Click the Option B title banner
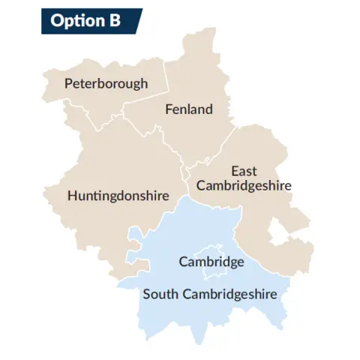(x=90, y=21)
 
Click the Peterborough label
(x=106, y=83)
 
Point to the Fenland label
(x=188, y=109)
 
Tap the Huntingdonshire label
(x=117, y=196)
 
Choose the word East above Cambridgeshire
(x=244, y=171)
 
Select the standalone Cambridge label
(x=211, y=262)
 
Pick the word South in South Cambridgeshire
(x=159, y=293)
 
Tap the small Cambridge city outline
(x=208, y=250)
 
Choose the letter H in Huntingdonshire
(x=72, y=196)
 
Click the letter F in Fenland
(x=168, y=109)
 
